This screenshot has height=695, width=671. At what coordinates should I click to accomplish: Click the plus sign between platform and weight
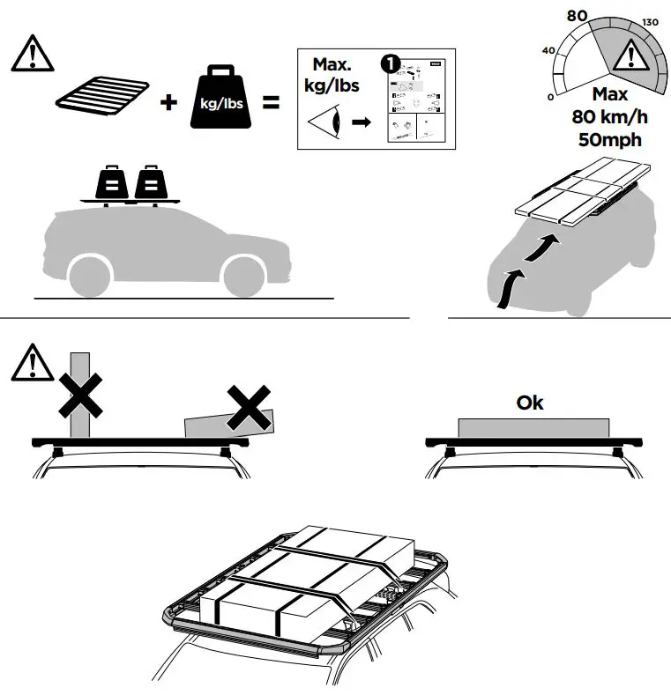pos(168,102)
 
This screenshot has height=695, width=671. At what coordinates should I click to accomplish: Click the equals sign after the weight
pos(271,102)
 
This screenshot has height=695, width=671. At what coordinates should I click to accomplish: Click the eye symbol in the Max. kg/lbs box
pos(323,122)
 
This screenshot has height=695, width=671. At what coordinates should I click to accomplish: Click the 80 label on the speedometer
pos(578,15)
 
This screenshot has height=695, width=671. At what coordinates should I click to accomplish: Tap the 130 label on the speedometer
pos(651,22)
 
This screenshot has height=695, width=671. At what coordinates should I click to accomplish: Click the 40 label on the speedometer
pos(548,50)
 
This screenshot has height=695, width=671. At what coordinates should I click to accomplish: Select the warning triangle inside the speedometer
pos(629,56)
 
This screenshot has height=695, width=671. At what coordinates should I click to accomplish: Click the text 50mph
pos(609,139)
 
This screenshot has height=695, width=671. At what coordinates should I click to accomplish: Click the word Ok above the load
pos(530,403)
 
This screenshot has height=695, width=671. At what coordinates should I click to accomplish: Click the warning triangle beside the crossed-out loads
pos(31,363)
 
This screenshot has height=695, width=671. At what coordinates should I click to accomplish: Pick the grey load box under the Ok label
pos(533,426)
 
